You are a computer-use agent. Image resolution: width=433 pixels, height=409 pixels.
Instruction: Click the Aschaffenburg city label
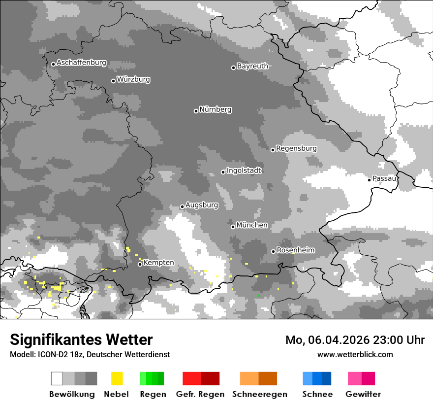click(x=81, y=63)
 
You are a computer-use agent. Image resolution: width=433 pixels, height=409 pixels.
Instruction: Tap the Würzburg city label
click(x=133, y=79)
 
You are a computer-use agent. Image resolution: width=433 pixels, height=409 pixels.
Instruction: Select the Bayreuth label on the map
click(x=252, y=66)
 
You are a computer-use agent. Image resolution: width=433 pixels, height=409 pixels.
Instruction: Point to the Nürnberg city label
click(x=215, y=109)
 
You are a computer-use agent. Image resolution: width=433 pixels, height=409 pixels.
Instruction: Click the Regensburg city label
click(x=296, y=148)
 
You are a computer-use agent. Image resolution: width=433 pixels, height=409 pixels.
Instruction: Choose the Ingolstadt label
click(x=244, y=170)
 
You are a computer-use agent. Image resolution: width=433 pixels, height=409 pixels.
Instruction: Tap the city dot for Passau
click(x=369, y=179)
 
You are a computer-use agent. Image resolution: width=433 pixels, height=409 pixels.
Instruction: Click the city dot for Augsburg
click(x=182, y=206)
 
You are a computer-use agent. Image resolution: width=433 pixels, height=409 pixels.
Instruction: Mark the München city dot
click(x=233, y=227)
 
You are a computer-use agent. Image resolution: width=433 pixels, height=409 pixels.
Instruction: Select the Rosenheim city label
click(x=295, y=250)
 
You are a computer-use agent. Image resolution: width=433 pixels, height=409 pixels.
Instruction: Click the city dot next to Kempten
click(x=140, y=264)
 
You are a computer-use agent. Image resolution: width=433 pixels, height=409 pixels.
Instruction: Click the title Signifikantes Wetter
click(x=81, y=340)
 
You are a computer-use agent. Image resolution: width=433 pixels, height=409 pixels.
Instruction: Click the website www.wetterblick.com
click(x=355, y=354)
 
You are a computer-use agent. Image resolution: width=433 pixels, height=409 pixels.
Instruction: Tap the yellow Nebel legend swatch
click(x=117, y=378)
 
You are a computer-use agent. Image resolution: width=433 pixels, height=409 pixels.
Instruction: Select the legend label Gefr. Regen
click(x=200, y=394)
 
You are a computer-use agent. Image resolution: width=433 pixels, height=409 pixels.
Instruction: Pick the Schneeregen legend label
click(x=259, y=394)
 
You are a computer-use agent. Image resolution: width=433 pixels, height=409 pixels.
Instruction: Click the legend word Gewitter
click(x=363, y=394)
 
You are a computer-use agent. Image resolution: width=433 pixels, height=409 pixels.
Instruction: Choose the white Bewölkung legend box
click(x=57, y=378)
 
